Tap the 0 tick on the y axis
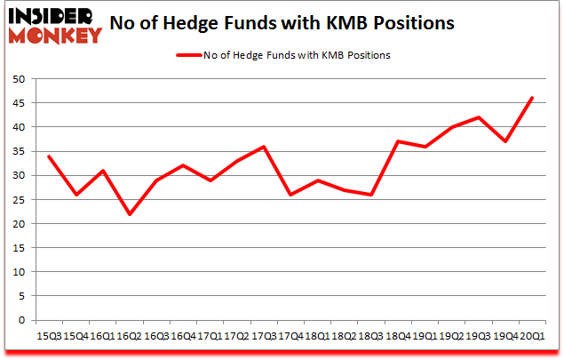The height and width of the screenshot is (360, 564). click(x=28, y=320)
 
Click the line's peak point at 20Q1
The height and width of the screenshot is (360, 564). click(x=533, y=99)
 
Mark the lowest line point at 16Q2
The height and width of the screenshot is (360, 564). click(x=130, y=214)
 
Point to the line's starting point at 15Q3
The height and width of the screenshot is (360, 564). click(x=49, y=156)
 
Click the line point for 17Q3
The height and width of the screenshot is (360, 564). click(x=264, y=147)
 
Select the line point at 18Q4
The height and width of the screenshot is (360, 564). click(x=399, y=142)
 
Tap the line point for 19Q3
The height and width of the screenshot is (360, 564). click(x=480, y=117)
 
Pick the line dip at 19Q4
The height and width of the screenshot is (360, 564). click(x=506, y=142)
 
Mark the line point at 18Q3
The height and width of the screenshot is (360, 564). click(x=371, y=195)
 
